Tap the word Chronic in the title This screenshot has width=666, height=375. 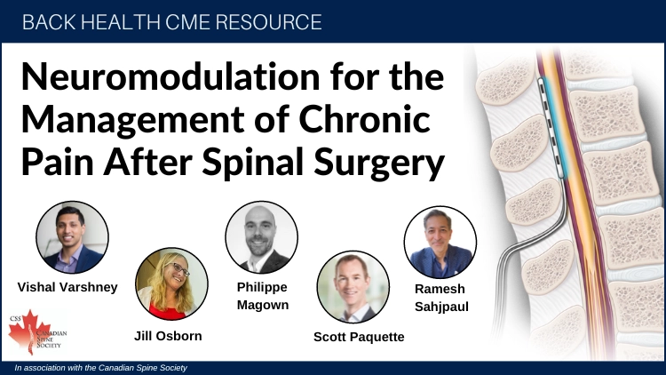365,119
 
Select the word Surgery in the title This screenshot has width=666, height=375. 379,164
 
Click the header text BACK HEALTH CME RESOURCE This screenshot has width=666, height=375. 172,22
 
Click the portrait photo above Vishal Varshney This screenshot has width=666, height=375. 72,237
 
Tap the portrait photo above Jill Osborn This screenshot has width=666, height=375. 171,283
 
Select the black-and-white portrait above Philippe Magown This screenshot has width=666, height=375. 262,237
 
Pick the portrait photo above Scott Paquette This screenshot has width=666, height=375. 353,286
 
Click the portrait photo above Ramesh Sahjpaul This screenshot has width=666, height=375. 440,243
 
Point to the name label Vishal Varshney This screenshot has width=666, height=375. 67,287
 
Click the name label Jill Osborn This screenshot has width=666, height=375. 168,336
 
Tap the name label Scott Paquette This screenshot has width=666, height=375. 359,337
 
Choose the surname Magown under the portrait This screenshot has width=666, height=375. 263,306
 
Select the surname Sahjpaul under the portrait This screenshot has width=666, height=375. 441,307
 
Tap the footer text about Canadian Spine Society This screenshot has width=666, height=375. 100,368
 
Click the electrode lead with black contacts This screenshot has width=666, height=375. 551,128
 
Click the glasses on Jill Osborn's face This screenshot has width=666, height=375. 180,268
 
